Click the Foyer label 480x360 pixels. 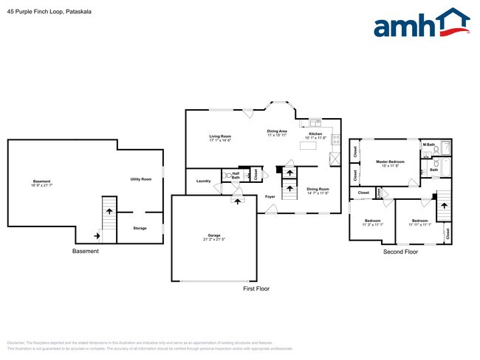270,196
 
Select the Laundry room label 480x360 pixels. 204,181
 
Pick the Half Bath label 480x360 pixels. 236,176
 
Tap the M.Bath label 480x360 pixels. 428,144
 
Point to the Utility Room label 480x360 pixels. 140,179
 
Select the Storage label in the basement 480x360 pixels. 140,228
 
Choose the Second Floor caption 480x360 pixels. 400,252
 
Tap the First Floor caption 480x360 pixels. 256,288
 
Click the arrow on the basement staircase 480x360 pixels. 109,211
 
